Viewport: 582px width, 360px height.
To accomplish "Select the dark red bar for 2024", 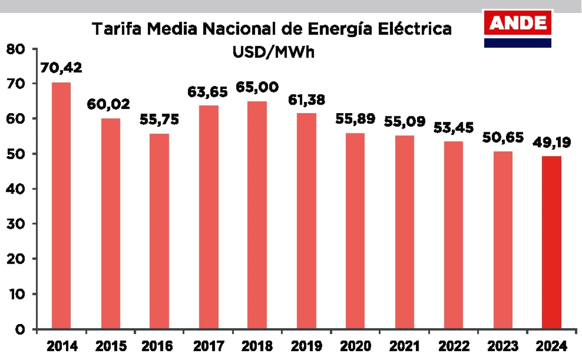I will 552,242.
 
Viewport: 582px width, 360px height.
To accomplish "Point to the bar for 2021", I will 405,232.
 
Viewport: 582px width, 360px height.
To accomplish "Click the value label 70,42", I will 61,67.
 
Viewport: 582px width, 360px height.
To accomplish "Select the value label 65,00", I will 257,87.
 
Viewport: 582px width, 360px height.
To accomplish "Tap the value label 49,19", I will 552,142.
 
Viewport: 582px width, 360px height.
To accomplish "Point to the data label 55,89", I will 355,119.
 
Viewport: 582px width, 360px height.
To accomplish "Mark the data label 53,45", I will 453,128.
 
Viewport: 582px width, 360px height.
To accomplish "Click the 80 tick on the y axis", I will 16,49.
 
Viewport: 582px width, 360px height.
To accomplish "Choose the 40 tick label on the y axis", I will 16,189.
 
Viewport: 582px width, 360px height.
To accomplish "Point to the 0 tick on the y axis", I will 20,330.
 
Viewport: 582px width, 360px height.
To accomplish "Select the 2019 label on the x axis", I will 306,346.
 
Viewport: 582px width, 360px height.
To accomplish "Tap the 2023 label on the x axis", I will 503,346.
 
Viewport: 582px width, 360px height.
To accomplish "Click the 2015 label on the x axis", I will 111,346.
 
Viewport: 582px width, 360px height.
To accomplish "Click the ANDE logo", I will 518,28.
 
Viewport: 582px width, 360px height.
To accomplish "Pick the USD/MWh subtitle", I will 274,52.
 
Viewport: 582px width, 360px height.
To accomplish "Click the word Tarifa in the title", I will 116,29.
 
